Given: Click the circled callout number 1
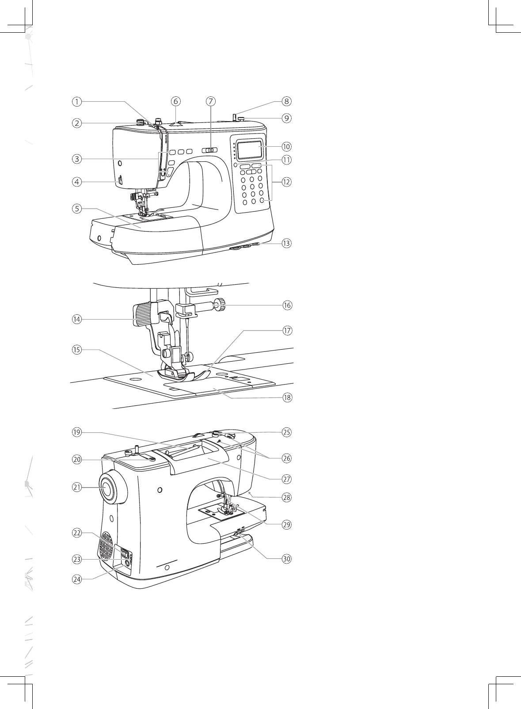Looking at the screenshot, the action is (x=77, y=101).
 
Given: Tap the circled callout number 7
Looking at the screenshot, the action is (x=210, y=101).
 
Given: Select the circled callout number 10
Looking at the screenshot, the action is (x=287, y=146).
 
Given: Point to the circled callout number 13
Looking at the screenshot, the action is (x=287, y=243).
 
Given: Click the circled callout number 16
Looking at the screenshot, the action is (x=287, y=305).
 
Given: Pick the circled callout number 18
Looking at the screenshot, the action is (x=287, y=397).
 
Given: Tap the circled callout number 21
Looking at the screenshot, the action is (x=77, y=487).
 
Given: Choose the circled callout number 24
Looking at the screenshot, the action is (x=77, y=579).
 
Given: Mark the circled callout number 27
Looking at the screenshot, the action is (x=287, y=479).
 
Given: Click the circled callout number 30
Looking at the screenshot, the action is (x=287, y=559).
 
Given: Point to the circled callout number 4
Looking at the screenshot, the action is (x=77, y=181).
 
